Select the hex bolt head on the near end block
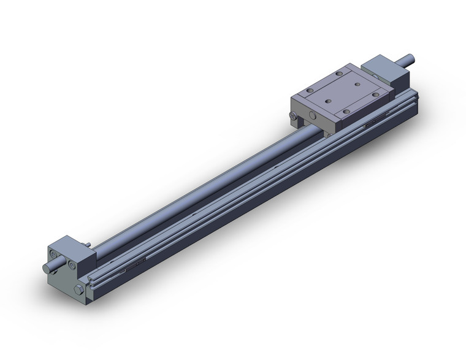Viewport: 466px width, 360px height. click(x=78, y=289)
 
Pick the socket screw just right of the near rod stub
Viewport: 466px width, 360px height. click(x=72, y=264)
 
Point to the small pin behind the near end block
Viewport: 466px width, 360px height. click(x=91, y=245)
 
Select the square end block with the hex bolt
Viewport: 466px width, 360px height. click(x=67, y=270)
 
